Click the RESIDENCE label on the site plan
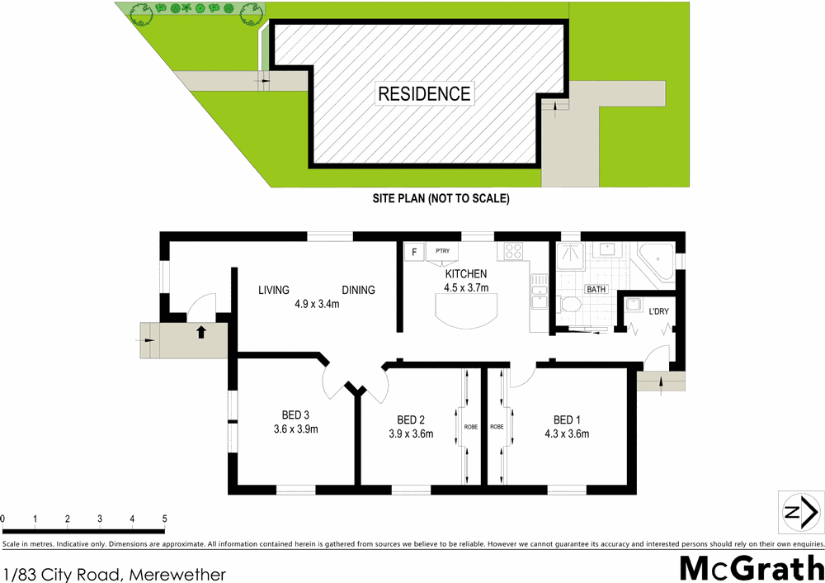[x=424, y=93]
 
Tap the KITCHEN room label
[x=466, y=274]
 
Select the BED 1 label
[x=567, y=419]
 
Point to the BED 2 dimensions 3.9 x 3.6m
[x=411, y=434]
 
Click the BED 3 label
[x=295, y=415]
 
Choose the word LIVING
[x=274, y=290]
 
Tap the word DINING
[x=359, y=290]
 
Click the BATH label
[x=596, y=290]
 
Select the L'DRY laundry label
[x=658, y=311]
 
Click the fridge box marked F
[x=413, y=250]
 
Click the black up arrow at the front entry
[x=200, y=333]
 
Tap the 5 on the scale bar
[x=165, y=519]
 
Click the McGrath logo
[x=750, y=568]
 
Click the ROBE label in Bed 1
[x=497, y=427]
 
